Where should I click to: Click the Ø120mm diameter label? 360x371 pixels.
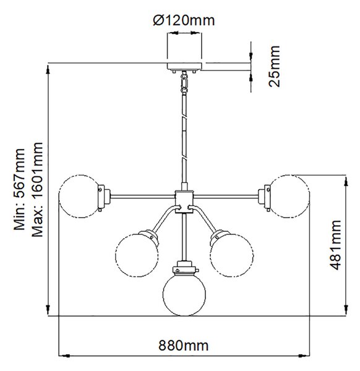click(x=184, y=20)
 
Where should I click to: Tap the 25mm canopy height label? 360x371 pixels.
click(x=275, y=67)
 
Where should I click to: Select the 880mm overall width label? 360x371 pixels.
click(x=184, y=345)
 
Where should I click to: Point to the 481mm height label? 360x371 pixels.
click(x=335, y=245)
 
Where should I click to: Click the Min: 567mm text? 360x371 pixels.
click(x=19, y=189)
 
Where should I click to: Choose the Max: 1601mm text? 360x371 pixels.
click(x=37, y=189)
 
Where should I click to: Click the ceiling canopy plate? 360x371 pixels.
click(x=184, y=66)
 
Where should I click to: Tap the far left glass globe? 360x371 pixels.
click(x=80, y=196)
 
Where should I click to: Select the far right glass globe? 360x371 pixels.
click(x=289, y=196)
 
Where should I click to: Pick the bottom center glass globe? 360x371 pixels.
click(x=184, y=294)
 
